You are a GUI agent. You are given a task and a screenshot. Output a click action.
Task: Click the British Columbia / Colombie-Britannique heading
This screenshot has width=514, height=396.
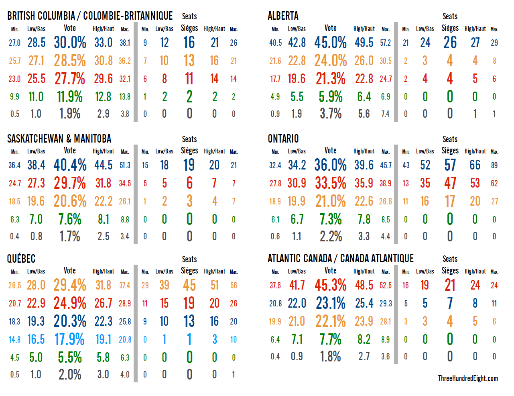coord(90,16)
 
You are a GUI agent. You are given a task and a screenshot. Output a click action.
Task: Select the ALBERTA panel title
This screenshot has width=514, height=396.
coord(283,16)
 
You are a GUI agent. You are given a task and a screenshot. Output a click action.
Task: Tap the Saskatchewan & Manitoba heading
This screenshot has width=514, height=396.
coord(59,139)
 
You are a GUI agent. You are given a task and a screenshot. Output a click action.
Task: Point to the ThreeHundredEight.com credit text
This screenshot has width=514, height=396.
coord(467,378)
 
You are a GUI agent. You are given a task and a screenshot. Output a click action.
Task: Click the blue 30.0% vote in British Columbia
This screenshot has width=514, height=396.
coord(70,43)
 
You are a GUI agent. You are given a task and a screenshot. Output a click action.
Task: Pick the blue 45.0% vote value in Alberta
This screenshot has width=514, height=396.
coord(330,43)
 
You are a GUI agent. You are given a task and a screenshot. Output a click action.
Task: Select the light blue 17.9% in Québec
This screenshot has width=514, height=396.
coord(69,339)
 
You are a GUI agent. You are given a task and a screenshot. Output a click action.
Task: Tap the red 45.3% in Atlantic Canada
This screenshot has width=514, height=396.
coord(330,286)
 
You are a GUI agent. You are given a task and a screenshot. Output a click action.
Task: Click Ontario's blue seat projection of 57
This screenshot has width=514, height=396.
coord(450,165)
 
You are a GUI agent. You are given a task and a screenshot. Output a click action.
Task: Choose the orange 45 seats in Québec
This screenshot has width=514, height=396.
coord(189,286)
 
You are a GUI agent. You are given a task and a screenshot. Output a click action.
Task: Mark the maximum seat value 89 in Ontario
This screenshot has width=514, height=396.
coord(494,165)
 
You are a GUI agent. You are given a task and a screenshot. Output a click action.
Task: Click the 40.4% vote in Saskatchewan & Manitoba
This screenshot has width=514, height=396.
coord(70,165)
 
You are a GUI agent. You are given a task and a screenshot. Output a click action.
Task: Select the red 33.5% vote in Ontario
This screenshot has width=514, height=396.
coord(330,183)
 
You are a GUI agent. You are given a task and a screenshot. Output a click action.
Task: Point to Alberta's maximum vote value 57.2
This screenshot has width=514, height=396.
coord(385,43)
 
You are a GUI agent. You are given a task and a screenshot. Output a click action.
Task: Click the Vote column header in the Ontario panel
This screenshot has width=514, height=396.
coord(330,151)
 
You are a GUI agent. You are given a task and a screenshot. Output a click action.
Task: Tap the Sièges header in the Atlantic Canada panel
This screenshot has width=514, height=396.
coord(450,271)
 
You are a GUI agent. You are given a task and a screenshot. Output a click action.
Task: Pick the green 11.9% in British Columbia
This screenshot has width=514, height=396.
coord(70,97)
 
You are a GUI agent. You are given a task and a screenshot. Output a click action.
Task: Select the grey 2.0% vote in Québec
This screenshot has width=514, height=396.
coord(70,374)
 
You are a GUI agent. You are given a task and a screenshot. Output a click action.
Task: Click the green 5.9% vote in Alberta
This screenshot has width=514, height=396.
coord(330,97)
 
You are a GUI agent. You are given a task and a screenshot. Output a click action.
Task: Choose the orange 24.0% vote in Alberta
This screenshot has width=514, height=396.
coord(330,61)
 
